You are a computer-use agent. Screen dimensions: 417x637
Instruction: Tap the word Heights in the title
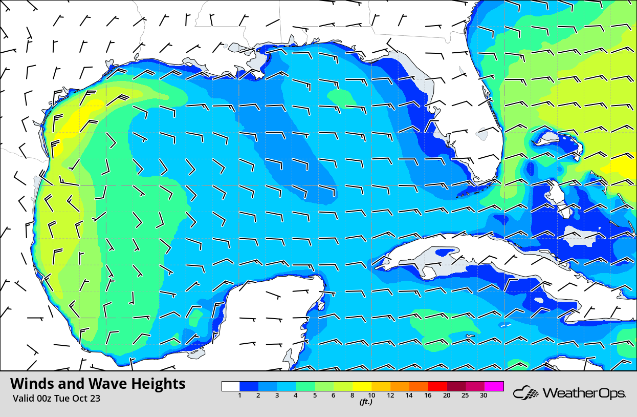click(158, 384)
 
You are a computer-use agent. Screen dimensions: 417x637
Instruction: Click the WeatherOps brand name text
click(584, 393)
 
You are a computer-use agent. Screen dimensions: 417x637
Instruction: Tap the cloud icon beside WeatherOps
click(525, 393)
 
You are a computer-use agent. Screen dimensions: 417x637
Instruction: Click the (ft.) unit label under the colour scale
click(365, 402)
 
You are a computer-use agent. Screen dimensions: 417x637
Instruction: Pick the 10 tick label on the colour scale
click(372, 395)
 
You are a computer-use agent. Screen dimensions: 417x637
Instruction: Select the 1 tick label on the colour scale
click(240, 395)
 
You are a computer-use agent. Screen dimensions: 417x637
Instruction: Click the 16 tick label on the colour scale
click(428, 395)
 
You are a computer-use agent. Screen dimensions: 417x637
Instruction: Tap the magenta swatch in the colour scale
click(494, 386)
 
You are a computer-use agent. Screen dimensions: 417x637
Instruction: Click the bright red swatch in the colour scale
click(438, 386)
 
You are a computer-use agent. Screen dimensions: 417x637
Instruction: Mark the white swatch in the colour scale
click(231, 386)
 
